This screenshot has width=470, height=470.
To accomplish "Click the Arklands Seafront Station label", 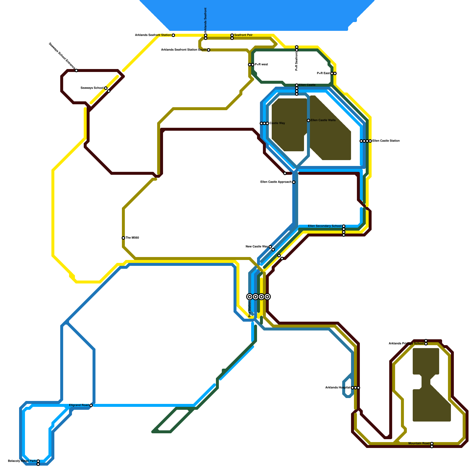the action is tap(153, 35).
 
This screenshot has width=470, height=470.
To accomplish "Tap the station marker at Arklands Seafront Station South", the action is tap(209, 50).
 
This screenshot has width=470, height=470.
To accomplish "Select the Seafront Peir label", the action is tap(244, 35).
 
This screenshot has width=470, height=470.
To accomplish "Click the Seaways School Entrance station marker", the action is tap(76, 70).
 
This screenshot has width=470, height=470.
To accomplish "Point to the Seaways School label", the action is tap(92, 88).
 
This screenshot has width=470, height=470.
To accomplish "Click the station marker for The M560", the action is tap(123, 238).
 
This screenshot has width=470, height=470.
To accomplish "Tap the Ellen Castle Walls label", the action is tap(323, 120).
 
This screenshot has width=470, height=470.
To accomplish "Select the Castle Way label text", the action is tap(277, 123).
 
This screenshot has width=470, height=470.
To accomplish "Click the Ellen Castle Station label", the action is tap(386, 141).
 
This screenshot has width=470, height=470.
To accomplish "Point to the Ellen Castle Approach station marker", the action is tap(294, 182).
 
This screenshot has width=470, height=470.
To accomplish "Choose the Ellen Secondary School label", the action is tap(325, 226).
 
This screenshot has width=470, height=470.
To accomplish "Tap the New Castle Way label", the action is tap(257, 247).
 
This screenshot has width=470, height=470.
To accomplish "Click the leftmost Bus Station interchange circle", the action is tap(250, 297).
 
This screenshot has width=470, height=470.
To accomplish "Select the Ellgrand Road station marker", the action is tap(91, 405).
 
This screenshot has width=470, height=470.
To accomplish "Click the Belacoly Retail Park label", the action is tap(22, 461).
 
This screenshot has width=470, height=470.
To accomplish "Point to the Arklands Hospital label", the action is tap(338, 388).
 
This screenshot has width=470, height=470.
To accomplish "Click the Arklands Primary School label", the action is tap(406, 344).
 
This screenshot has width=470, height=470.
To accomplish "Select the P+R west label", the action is tap(261, 65).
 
